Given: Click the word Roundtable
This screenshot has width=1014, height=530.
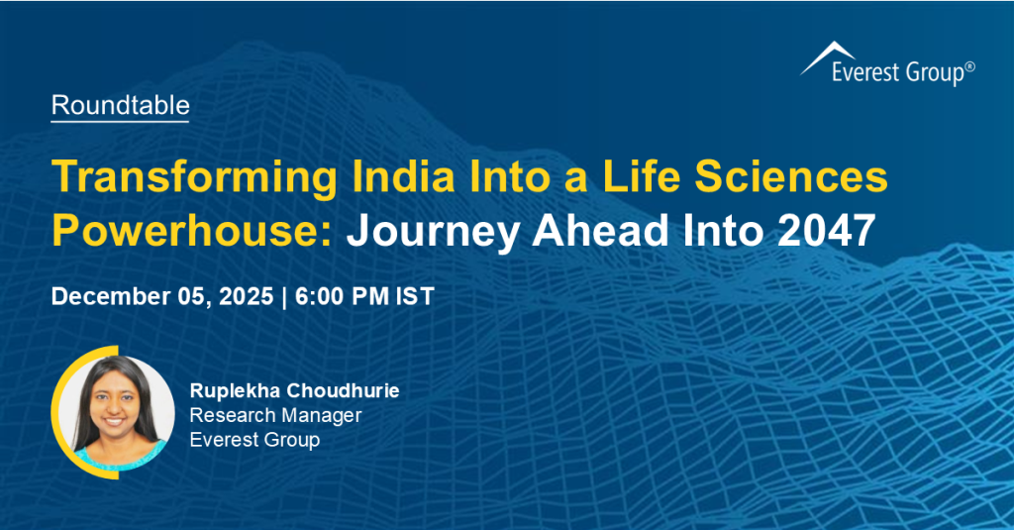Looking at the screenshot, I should [120, 105].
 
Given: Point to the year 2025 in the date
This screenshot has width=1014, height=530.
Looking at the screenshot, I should [239, 296].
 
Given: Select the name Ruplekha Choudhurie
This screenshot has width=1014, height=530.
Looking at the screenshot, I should [294, 390].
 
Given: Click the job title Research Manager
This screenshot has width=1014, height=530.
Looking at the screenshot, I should [275, 415].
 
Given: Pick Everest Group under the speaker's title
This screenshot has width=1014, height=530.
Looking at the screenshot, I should [254, 440].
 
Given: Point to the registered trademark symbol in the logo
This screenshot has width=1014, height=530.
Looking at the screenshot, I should [969, 65].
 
